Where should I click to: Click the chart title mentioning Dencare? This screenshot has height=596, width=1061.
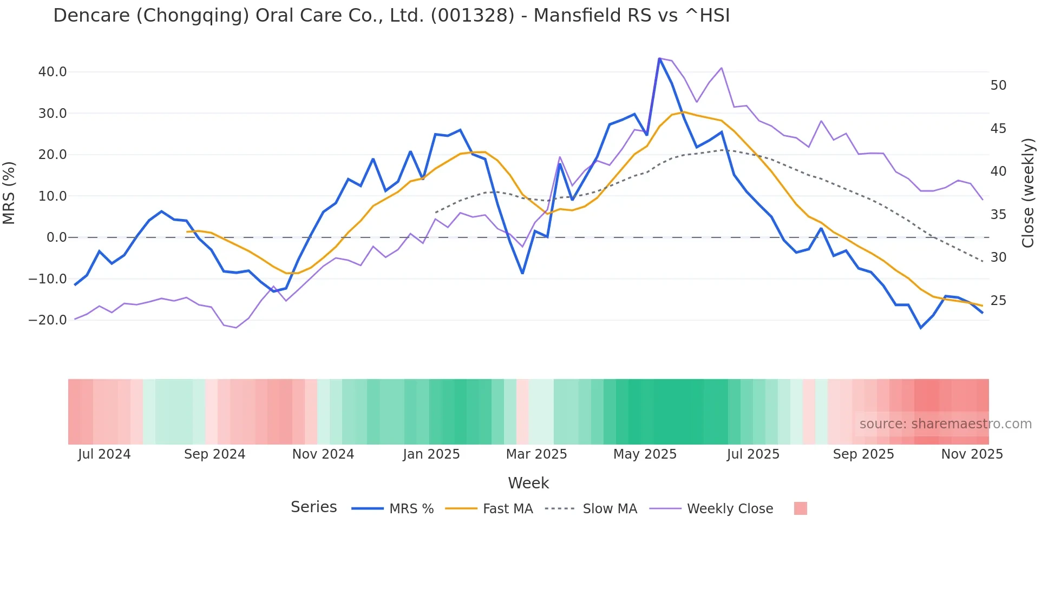tap(391, 16)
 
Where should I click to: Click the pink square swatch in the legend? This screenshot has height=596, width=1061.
tap(800, 508)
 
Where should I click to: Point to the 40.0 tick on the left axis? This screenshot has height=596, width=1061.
tap(53, 72)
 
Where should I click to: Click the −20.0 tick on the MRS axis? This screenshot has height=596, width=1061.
tap(48, 320)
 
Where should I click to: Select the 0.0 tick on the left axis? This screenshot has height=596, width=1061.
tap(57, 237)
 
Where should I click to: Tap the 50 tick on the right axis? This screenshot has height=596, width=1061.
tap(998, 85)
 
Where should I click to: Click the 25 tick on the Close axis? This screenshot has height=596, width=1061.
tap(998, 301)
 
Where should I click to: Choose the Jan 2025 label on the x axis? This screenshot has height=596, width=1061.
tap(431, 454)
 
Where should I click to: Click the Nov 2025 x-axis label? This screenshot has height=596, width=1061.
tap(972, 454)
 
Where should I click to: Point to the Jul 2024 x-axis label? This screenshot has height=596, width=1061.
tap(104, 454)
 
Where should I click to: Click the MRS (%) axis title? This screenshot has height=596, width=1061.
tap(9, 193)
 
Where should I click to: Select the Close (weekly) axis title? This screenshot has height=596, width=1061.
tap(1028, 193)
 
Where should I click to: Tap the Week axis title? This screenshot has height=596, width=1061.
tap(528, 483)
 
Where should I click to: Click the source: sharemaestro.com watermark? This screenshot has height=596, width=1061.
tap(945, 424)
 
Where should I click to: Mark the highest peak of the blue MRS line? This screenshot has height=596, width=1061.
tap(659, 58)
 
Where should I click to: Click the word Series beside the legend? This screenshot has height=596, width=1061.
tap(313, 507)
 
